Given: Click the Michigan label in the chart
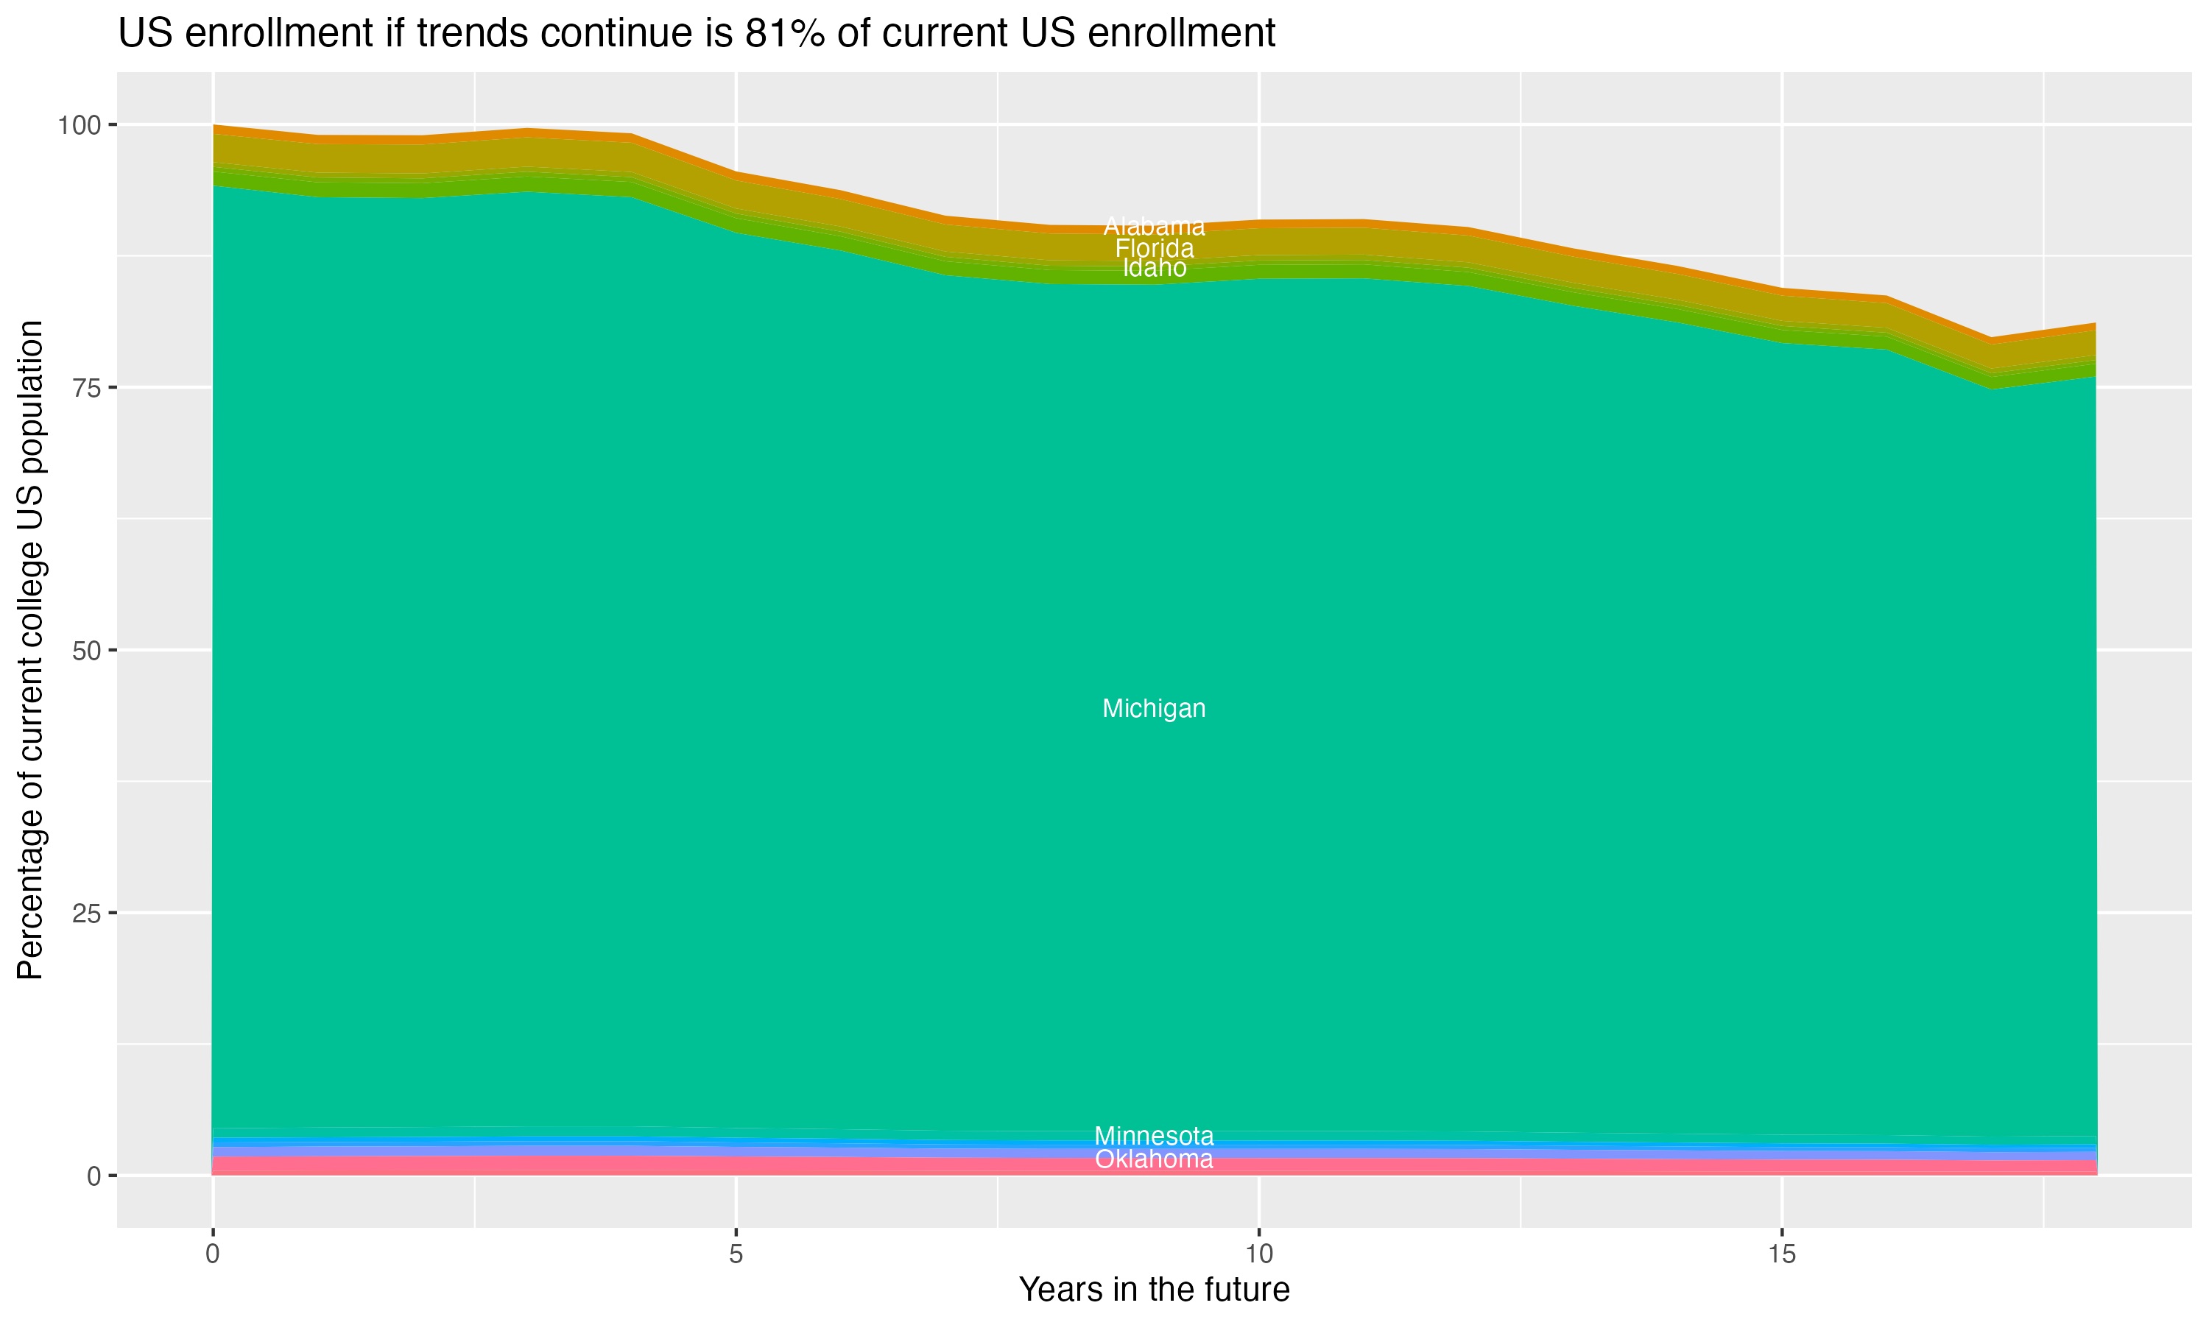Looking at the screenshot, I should [1154, 709].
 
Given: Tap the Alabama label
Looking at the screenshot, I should [1154, 227].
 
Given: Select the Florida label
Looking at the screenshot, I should [1154, 248].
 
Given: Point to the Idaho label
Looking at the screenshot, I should [1154, 268].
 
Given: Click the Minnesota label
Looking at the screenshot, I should [1154, 1137].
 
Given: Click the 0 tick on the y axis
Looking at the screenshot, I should [93, 1176].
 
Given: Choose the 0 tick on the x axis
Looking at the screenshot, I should [213, 1255].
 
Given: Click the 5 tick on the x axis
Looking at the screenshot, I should [736, 1255].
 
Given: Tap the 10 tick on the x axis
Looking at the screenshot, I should [1258, 1255].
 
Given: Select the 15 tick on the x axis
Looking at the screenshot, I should [1781, 1255].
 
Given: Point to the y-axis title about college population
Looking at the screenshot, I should [31, 649].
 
